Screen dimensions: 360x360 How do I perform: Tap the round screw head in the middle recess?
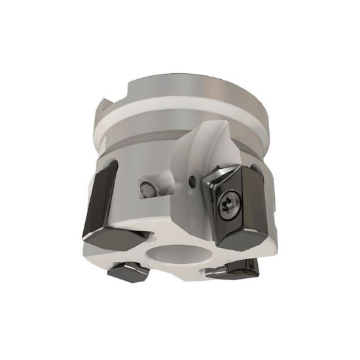145,190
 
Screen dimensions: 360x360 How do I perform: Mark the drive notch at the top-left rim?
104,107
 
